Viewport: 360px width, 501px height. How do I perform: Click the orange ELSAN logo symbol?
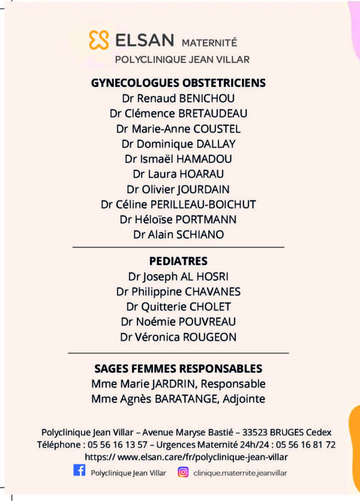pos(99,40)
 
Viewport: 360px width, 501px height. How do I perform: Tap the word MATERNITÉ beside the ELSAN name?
pos(209,43)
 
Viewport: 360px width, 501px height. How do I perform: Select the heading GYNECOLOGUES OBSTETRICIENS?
pos(178,83)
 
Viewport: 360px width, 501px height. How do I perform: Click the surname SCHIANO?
pos(199,235)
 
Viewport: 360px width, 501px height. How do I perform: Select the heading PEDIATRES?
pos(178,261)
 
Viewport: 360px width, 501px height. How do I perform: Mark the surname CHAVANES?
pos(212,292)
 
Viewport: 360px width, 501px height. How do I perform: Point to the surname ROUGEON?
pos(209,337)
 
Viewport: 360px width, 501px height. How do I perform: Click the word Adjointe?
pos(241,398)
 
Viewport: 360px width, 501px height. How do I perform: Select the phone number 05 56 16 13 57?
pos(119,445)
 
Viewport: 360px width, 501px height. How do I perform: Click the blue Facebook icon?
pos(79,471)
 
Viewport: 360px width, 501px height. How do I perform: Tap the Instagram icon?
pos(184,472)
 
